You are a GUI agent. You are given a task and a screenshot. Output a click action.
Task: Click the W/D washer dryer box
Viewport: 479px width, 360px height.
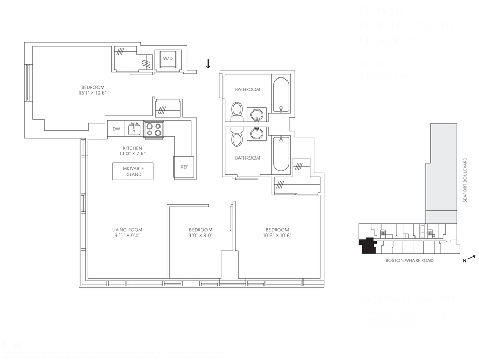[168, 59]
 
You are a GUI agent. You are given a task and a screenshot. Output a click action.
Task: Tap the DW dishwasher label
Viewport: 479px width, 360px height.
[116, 129]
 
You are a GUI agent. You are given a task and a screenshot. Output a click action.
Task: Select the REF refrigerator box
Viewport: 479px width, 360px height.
[184, 167]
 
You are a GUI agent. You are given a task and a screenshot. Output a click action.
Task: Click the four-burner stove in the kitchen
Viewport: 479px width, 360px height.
[153, 129]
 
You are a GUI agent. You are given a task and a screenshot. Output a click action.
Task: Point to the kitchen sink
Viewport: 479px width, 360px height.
[133, 128]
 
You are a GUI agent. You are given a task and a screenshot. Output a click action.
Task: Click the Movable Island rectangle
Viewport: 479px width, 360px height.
[133, 171]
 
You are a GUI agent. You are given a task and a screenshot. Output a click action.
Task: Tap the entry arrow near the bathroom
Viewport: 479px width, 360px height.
[208, 64]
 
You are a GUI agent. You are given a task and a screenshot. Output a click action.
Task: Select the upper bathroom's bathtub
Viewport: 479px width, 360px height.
[281, 95]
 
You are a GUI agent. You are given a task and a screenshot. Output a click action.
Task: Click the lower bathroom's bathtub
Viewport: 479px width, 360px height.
[281, 153]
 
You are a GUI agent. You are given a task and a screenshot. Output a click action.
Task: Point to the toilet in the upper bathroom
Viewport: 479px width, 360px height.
[237, 111]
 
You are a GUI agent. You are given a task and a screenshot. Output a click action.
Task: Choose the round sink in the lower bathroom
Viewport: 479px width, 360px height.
[257, 134]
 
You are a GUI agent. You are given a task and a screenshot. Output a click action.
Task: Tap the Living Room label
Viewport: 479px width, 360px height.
[127, 230]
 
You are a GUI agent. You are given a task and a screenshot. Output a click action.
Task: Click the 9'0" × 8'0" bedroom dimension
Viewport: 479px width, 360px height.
[200, 236]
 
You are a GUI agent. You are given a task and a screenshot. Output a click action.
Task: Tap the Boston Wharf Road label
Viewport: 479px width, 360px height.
[409, 261]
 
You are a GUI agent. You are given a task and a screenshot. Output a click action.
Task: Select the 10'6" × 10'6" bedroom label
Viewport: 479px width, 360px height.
[277, 232]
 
